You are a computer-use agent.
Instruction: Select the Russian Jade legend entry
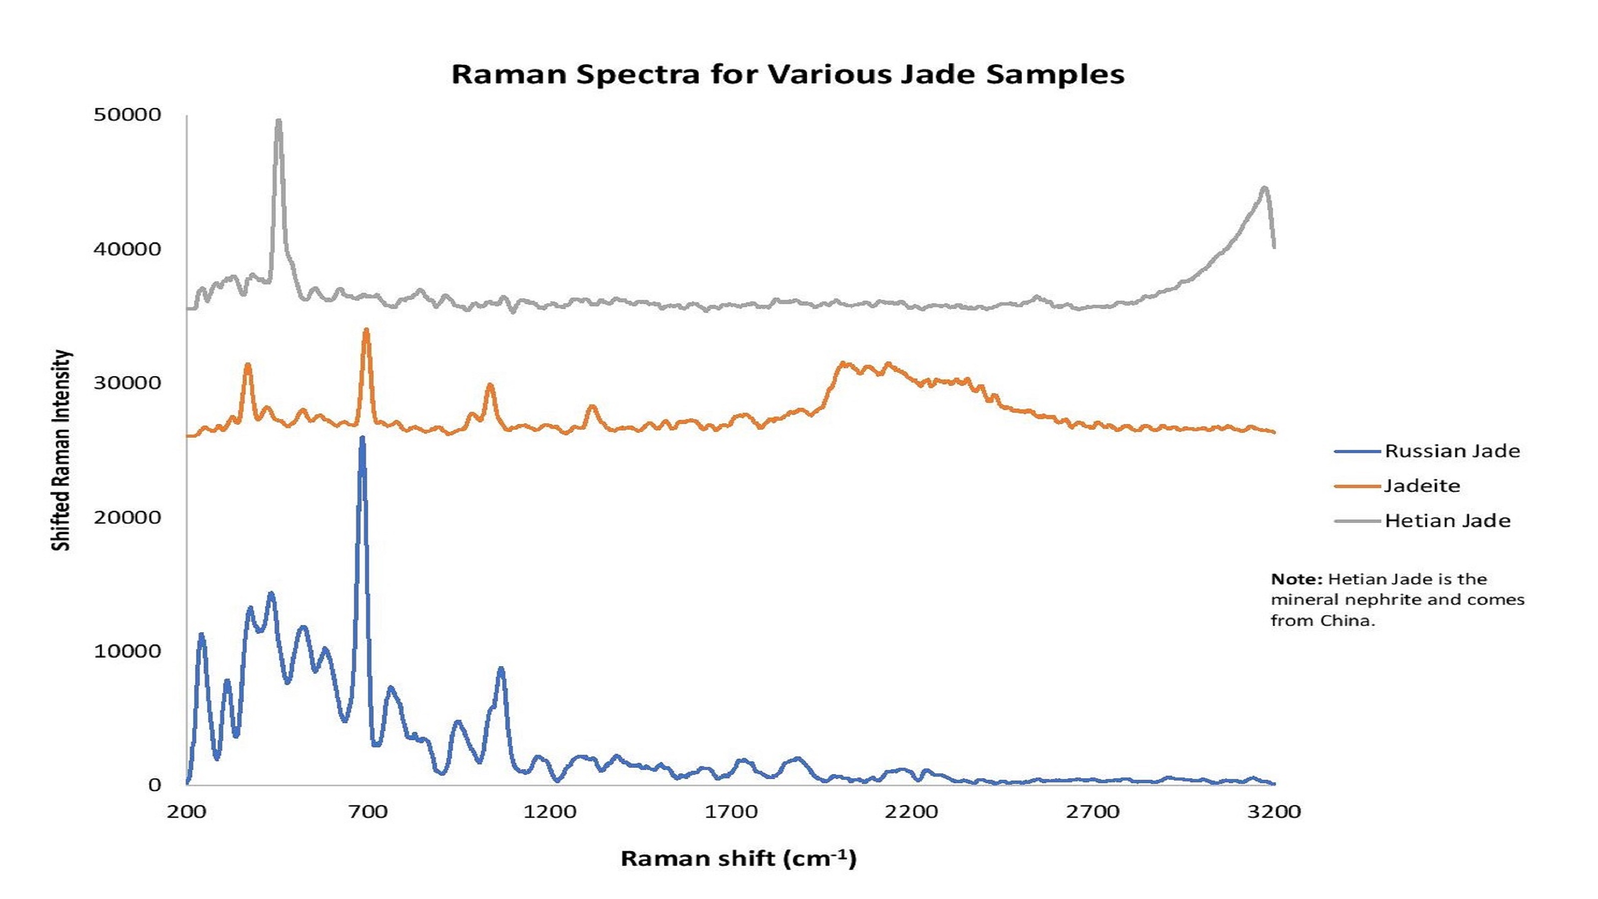click(1452, 451)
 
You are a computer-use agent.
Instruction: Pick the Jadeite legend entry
click(1422, 486)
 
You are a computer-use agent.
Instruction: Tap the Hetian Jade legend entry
click(1447, 520)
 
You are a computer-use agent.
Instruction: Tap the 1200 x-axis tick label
click(550, 812)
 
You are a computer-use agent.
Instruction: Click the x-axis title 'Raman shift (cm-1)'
click(738, 859)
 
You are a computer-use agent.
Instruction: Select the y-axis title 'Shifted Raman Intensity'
click(61, 450)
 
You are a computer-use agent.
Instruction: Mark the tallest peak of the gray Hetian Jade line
click(279, 121)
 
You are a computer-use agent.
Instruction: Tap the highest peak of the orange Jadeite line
click(366, 331)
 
